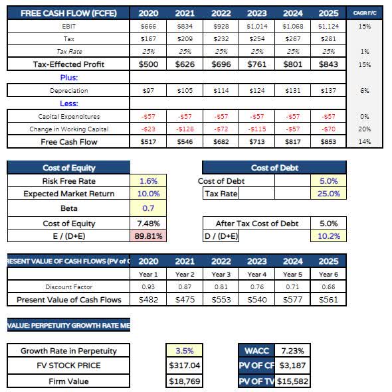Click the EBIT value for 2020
(149, 25)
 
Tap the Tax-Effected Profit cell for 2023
(257, 64)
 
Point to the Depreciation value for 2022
(221, 90)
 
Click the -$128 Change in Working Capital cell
(185, 129)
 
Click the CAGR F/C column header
(365, 13)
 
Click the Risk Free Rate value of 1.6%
(149, 180)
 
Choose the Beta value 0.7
(149, 208)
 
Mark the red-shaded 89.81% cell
(149, 235)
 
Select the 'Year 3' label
(221, 274)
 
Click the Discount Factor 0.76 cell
(257, 287)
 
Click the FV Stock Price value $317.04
(184, 365)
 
